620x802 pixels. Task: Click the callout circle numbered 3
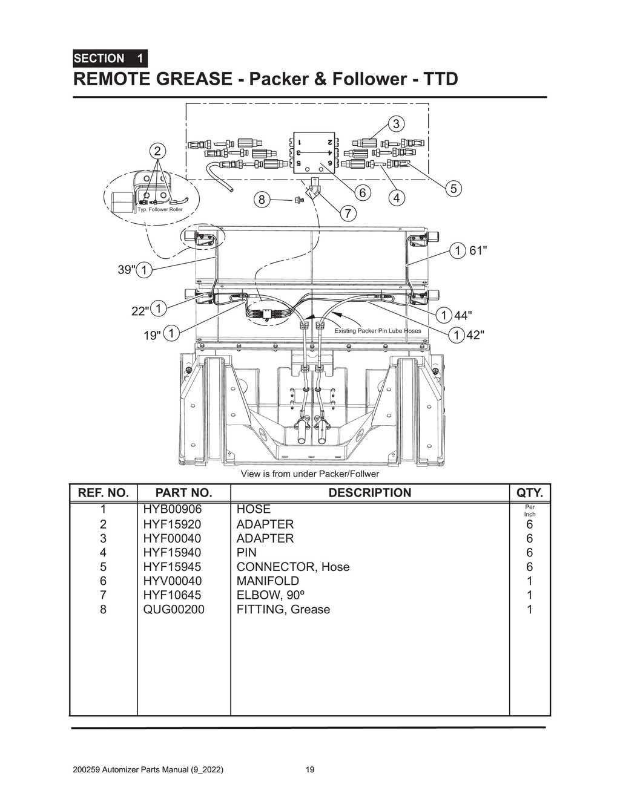tap(396, 124)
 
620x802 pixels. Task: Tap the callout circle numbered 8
tap(261, 200)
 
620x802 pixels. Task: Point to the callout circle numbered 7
tap(348, 213)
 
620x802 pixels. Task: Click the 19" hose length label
tap(152, 334)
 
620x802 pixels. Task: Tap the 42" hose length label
tap(475, 334)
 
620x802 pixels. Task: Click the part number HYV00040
tap(173, 581)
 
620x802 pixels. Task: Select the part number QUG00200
tap(174, 610)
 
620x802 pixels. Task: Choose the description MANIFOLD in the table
tap(267, 581)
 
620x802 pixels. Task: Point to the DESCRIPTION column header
tap(369, 493)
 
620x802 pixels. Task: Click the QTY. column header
tap(529, 493)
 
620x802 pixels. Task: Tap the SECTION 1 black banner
tap(110, 59)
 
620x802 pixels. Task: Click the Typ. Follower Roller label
tap(160, 210)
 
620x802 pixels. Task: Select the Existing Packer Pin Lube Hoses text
tap(377, 331)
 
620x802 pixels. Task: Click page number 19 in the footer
tap(310, 770)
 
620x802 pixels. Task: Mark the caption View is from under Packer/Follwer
tap(309, 474)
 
